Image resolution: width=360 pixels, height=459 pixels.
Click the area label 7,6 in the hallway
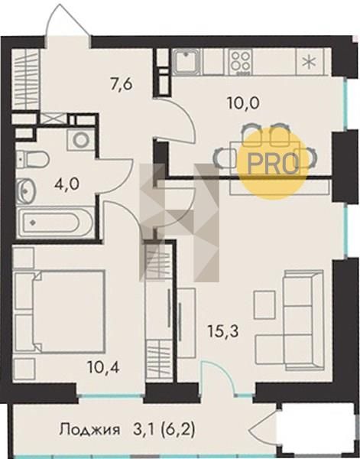pos(122,84)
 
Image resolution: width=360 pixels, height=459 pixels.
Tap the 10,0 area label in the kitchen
pos(243,103)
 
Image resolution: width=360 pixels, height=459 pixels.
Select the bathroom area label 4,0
pos(67,184)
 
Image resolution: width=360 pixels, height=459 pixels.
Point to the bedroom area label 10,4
pos(103,367)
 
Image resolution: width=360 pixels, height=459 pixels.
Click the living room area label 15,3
pos(223,331)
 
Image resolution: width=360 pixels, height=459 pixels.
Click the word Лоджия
pos(89,430)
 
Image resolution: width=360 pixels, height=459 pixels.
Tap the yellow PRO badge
pos(273,164)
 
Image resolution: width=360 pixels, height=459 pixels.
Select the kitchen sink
pos(186,61)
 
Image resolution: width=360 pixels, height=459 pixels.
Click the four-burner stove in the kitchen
pos(241,61)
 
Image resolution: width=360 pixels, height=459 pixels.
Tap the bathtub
pos(55,222)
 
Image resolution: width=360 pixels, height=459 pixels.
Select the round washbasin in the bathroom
pos(26,190)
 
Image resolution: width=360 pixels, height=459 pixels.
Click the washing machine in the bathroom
pos(81,140)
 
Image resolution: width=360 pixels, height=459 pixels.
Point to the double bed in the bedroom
pos(60,311)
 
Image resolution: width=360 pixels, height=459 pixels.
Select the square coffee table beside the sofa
pos(264,304)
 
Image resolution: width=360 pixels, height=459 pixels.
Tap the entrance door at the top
pos(68,23)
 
